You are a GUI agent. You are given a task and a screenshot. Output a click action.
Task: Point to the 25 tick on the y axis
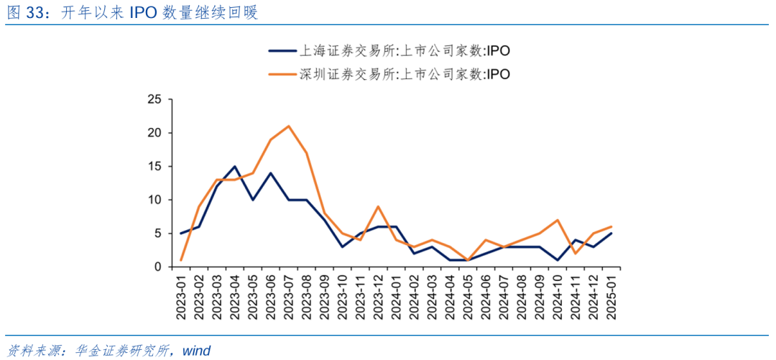point(154,99)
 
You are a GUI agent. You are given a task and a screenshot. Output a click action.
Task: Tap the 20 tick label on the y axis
point(154,133)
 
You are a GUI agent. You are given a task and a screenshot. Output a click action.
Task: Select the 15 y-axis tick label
point(154,166)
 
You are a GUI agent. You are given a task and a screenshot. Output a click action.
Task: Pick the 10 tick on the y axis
point(154,200)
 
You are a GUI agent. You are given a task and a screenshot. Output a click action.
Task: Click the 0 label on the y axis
point(157,267)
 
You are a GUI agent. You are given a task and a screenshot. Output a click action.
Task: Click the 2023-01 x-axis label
point(180,295)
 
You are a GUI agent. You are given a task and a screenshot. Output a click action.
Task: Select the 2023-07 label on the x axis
point(288,295)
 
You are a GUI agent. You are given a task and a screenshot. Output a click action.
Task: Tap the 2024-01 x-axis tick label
point(396,295)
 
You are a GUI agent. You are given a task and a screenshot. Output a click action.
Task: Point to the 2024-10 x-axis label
point(558,295)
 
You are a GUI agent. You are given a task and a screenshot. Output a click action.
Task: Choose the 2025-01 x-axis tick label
point(611,295)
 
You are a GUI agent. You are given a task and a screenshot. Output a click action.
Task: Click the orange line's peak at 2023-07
point(288,126)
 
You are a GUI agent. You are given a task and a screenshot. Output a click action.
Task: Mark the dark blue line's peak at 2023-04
point(234,166)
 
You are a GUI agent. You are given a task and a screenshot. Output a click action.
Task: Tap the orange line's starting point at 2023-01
point(180,260)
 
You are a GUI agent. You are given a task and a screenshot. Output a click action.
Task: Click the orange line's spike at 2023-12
point(378,206)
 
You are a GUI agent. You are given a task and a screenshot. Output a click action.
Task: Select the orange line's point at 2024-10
point(558,220)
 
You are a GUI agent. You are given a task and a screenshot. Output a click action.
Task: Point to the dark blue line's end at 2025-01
point(611,234)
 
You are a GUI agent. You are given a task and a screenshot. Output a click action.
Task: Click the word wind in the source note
point(196,351)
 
